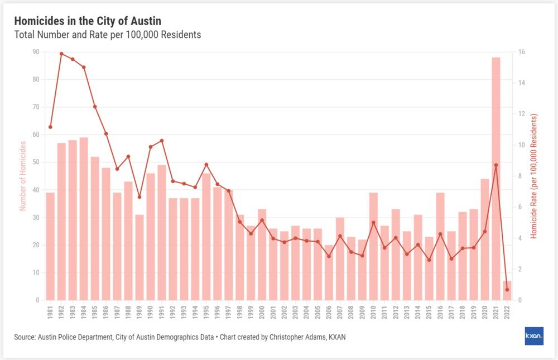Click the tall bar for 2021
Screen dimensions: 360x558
[496, 179]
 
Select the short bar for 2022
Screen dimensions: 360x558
[507, 291]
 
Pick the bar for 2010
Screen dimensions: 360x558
[373, 246]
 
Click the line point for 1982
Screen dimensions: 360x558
[61, 54]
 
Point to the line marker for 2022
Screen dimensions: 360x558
[507, 290]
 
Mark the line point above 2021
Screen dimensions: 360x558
[496, 165]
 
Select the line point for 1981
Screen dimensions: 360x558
[50, 127]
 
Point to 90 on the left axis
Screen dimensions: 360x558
[36, 52]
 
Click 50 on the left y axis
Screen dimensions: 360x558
[36, 162]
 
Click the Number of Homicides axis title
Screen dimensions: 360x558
[23, 176]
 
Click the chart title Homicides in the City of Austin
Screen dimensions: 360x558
[88, 21]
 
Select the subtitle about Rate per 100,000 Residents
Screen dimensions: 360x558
[107, 35]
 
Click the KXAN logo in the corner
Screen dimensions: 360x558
[534, 336]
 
